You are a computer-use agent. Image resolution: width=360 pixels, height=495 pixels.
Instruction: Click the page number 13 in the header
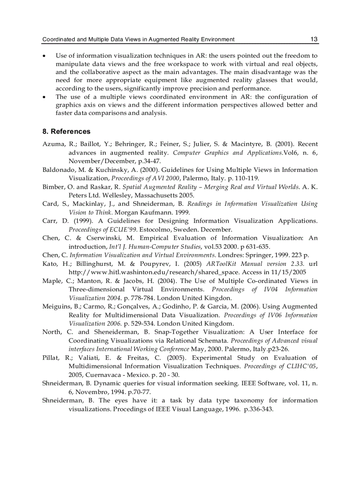[x=314, y=39]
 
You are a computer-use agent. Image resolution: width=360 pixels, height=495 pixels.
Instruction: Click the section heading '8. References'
[x=66, y=131]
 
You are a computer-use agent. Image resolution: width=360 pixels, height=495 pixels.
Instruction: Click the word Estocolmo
[x=157, y=230]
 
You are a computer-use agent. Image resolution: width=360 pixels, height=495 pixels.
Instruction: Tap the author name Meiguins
[x=56, y=306]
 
